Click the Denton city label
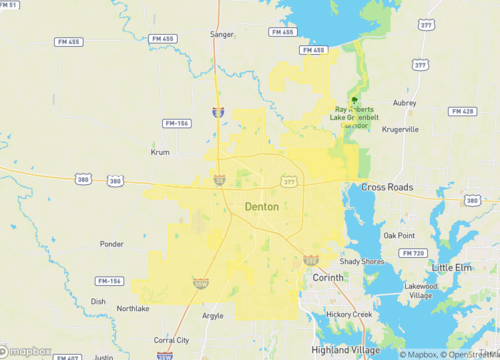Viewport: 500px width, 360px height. pos(262,206)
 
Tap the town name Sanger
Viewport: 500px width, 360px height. pos(221,34)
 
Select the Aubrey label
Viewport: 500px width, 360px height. pos(404,102)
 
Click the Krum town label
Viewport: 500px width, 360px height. pos(160,154)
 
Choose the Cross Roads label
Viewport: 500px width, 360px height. pos(387,187)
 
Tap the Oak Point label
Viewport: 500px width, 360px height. pos(398,235)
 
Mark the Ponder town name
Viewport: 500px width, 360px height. pos(112,243)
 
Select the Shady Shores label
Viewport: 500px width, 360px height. pos(362,261)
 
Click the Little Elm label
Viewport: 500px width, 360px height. pos(455,268)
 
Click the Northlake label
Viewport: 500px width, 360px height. pos(132,308)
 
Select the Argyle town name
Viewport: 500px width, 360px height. pos(213,315)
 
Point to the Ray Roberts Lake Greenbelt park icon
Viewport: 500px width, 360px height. pos(353,99)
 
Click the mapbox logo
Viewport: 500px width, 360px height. pos(27,350)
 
